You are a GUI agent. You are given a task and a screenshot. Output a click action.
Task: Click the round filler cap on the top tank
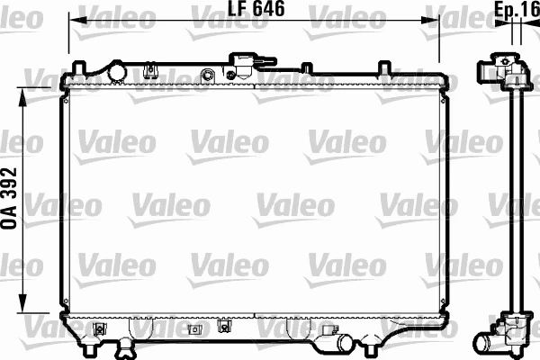coord(116,70)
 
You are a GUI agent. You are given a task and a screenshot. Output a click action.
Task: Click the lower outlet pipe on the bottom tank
coord(334,344)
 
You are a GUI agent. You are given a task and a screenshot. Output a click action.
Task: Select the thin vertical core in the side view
coord(516,198)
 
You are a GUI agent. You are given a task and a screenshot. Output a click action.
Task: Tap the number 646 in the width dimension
coord(267,10)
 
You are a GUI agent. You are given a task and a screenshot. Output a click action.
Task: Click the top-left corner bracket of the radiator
coord(76,72)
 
